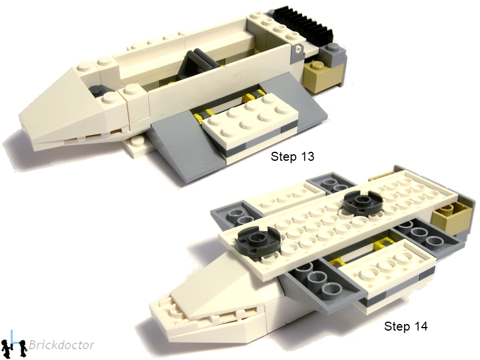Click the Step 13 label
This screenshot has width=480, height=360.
click(x=292, y=157)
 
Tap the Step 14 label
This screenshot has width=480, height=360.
click(x=406, y=327)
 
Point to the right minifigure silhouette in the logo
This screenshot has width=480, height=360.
click(x=22, y=347)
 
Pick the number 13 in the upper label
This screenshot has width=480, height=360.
click(x=306, y=157)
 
